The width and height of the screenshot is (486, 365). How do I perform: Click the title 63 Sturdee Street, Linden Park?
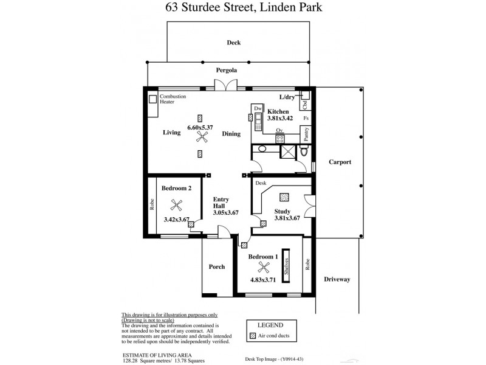[x=242, y=8]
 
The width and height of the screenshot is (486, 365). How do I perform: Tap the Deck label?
[x=234, y=43]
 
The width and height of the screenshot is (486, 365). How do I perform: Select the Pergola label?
[x=226, y=71]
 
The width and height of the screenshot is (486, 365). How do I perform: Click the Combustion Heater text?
[x=173, y=99]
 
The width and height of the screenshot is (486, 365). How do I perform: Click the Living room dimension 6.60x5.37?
[x=200, y=127]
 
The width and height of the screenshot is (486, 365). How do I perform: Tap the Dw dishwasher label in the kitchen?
[x=257, y=108]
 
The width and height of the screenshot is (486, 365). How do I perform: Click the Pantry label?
[x=306, y=134]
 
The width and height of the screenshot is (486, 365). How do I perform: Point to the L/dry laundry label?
[x=287, y=97]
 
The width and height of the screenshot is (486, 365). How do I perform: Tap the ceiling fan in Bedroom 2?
[x=177, y=205]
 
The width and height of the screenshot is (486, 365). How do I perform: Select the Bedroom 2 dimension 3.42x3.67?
[x=177, y=219]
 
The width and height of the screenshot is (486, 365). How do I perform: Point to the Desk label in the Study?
[x=261, y=182]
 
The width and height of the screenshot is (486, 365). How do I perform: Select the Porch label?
[x=216, y=266]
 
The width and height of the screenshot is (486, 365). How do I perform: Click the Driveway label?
[x=337, y=279]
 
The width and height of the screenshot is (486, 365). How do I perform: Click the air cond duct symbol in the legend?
[x=253, y=336]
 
